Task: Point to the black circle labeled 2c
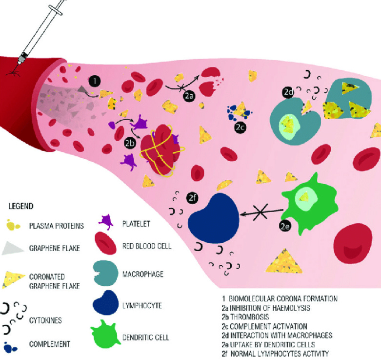pos(240,127)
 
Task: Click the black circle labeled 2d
pos(288,92)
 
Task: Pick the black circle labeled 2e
pos(285,226)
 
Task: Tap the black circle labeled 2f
pos(193,198)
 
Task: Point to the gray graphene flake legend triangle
pos(14,248)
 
